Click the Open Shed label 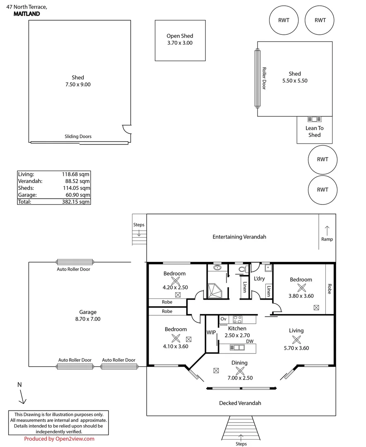coord(180,36)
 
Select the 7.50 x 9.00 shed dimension coord(78,84)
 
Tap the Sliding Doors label coord(78,137)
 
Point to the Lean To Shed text coord(314,132)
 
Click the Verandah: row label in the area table coord(30,181)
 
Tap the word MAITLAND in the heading coord(26,14)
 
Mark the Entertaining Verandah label coord(239,237)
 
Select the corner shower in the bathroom coord(216,291)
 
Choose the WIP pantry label coord(211,332)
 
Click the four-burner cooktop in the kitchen coord(238,319)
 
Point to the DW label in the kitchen coord(250,341)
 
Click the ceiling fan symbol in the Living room coord(296,339)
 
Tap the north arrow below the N coord(22,398)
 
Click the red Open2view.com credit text coord(59,439)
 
